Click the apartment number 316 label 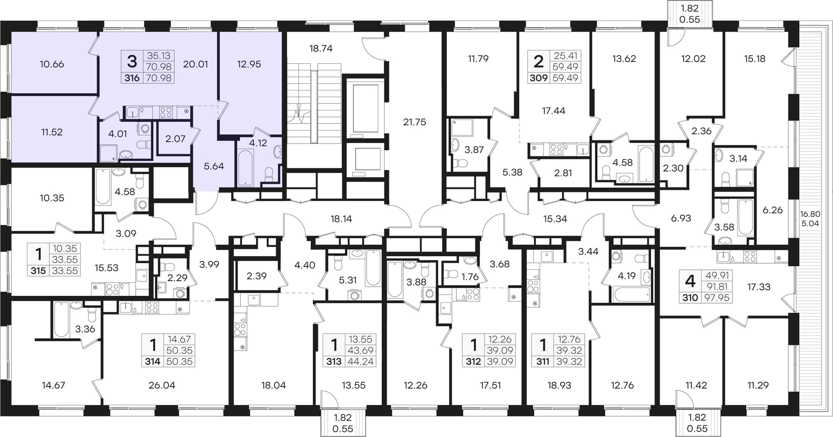click(x=132, y=78)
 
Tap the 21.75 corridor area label click(x=414, y=122)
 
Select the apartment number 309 click(x=538, y=78)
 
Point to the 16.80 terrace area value click(x=810, y=214)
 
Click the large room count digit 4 click(x=690, y=281)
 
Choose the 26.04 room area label click(x=161, y=385)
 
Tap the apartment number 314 click(x=153, y=361)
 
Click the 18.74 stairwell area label click(x=321, y=48)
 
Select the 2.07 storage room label click(x=175, y=139)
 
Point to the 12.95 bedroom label click(x=249, y=64)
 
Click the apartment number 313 click(x=334, y=361)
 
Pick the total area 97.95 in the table click(x=717, y=298)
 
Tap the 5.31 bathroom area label click(x=348, y=280)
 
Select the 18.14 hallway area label click(x=341, y=219)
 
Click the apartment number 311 click(x=543, y=361)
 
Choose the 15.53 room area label click(x=106, y=268)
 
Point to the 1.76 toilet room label click(x=470, y=277)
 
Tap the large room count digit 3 click(x=132, y=61)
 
